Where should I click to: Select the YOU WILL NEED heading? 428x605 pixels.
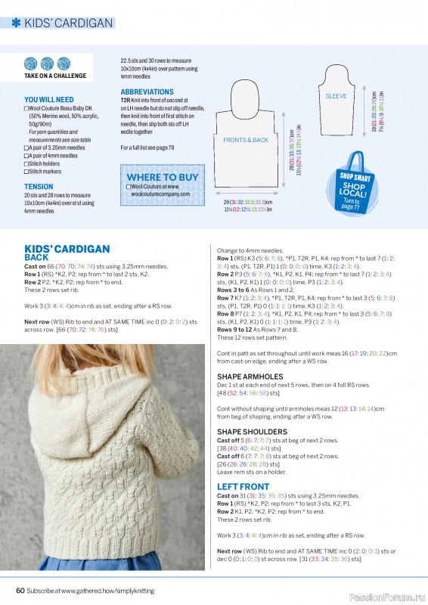48,99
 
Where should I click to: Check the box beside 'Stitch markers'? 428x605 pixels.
26,171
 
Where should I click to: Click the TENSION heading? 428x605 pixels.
39,186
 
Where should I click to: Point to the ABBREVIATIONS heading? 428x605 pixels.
147,92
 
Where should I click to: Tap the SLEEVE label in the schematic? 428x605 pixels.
336,97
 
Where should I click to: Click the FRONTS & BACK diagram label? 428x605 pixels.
246,140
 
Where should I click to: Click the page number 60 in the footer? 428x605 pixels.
20,590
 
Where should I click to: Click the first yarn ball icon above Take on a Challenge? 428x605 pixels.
31,64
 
